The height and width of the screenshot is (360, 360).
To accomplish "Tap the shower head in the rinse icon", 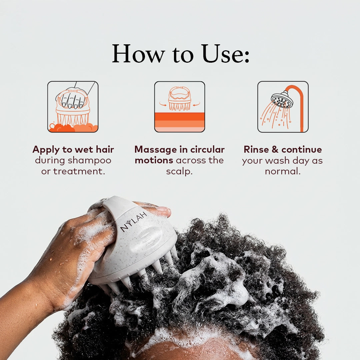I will [282, 100].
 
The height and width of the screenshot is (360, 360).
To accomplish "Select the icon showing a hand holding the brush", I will [73, 107].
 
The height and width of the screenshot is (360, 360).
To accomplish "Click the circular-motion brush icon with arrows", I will [180, 107].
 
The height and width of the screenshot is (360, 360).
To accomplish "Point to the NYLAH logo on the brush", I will [134, 222].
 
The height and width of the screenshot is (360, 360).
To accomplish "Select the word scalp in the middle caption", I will [179, 171].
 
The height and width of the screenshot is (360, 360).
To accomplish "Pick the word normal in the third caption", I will [282, 171].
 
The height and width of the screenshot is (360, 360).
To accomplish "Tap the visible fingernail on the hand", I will [163, 210].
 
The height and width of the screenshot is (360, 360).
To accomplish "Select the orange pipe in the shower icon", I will [301, 107].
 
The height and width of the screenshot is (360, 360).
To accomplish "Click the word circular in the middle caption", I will [207, 149].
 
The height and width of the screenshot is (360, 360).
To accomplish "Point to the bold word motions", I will [154, 160].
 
